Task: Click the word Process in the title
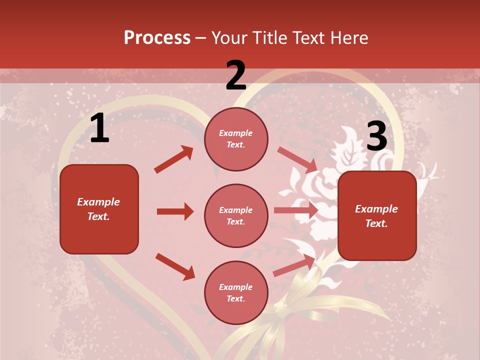(x=157, y=38)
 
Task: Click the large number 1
(x=99, y=128)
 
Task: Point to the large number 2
(x=236, y=75)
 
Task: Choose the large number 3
(x=376, y=136)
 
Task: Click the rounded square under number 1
(x=99, y=209)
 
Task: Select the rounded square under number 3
(x=377, y=216)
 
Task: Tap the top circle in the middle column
(x=236, y=139)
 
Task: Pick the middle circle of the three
(x=236, y=215)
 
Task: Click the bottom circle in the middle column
(x=236, y=292)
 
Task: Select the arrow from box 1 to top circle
(x=174, y=159)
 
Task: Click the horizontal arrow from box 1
(x=175, y=211)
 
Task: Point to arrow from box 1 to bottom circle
(x=175, y=266)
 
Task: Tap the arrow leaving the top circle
(x=297, y=159)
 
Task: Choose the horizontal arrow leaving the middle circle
(x=296, y=210)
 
